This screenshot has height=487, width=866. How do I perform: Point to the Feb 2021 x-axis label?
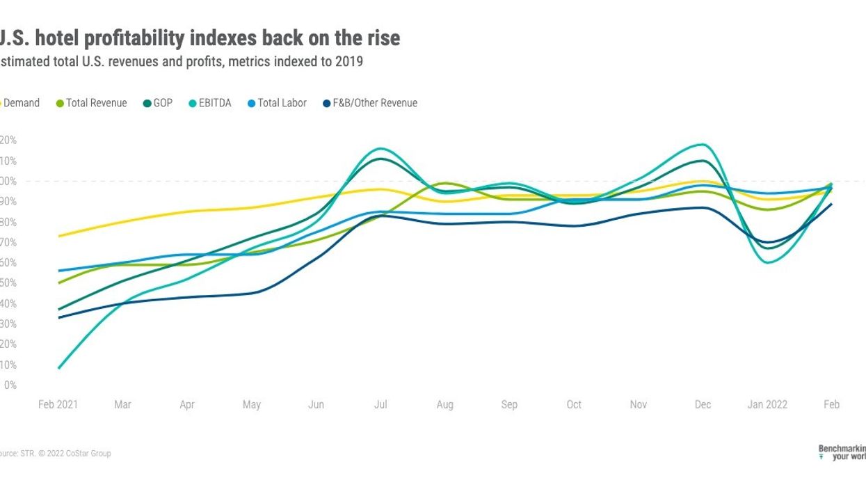coord(58,405)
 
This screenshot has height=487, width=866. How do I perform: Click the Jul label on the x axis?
coord(380,405)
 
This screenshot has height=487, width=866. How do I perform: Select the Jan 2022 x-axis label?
coord(767,405)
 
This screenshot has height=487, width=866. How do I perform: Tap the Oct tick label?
coord(574,405)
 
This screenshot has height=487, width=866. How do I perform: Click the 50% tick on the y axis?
coord(8,283)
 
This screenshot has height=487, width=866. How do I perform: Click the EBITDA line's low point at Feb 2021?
coord(59,367)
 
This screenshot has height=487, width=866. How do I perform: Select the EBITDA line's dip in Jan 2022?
coord(767,262)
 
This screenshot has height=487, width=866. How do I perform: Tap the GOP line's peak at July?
coord(380,159)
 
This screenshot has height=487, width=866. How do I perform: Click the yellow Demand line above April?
coord(187,211)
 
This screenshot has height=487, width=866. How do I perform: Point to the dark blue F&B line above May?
coord(252,293)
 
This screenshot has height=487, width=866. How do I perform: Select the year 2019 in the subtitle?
coord(350,61)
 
